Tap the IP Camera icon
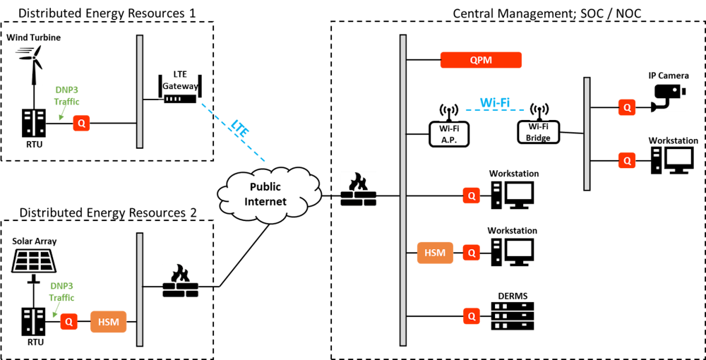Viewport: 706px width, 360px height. point(667,97)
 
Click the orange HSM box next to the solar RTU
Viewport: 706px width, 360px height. point(108,322)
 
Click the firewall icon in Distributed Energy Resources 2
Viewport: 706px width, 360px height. point(180,280)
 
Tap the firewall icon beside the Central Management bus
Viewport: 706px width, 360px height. point(359,189)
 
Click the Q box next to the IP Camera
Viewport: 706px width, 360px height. point(626,107)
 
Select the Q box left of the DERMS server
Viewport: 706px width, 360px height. point(471,316)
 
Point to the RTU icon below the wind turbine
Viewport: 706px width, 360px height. point(33,124)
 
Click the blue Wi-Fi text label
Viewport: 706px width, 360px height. point(494,102)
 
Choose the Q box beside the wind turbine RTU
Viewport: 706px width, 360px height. point(81,124)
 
